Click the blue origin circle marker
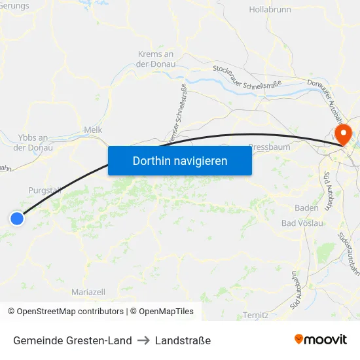click(17, 219)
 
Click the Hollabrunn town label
click(270, 10)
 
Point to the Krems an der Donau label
click(155, 59)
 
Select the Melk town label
click(93, 130)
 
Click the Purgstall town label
click(45, 190)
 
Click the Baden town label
click(307, 207)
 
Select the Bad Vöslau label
click(302, 223)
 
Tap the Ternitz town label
click(255, 315)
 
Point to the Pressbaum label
click(269, 148)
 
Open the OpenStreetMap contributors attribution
click(65, 312)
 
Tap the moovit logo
click(320, 340)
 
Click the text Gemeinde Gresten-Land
click(72, 340)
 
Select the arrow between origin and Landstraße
click(143, 340)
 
